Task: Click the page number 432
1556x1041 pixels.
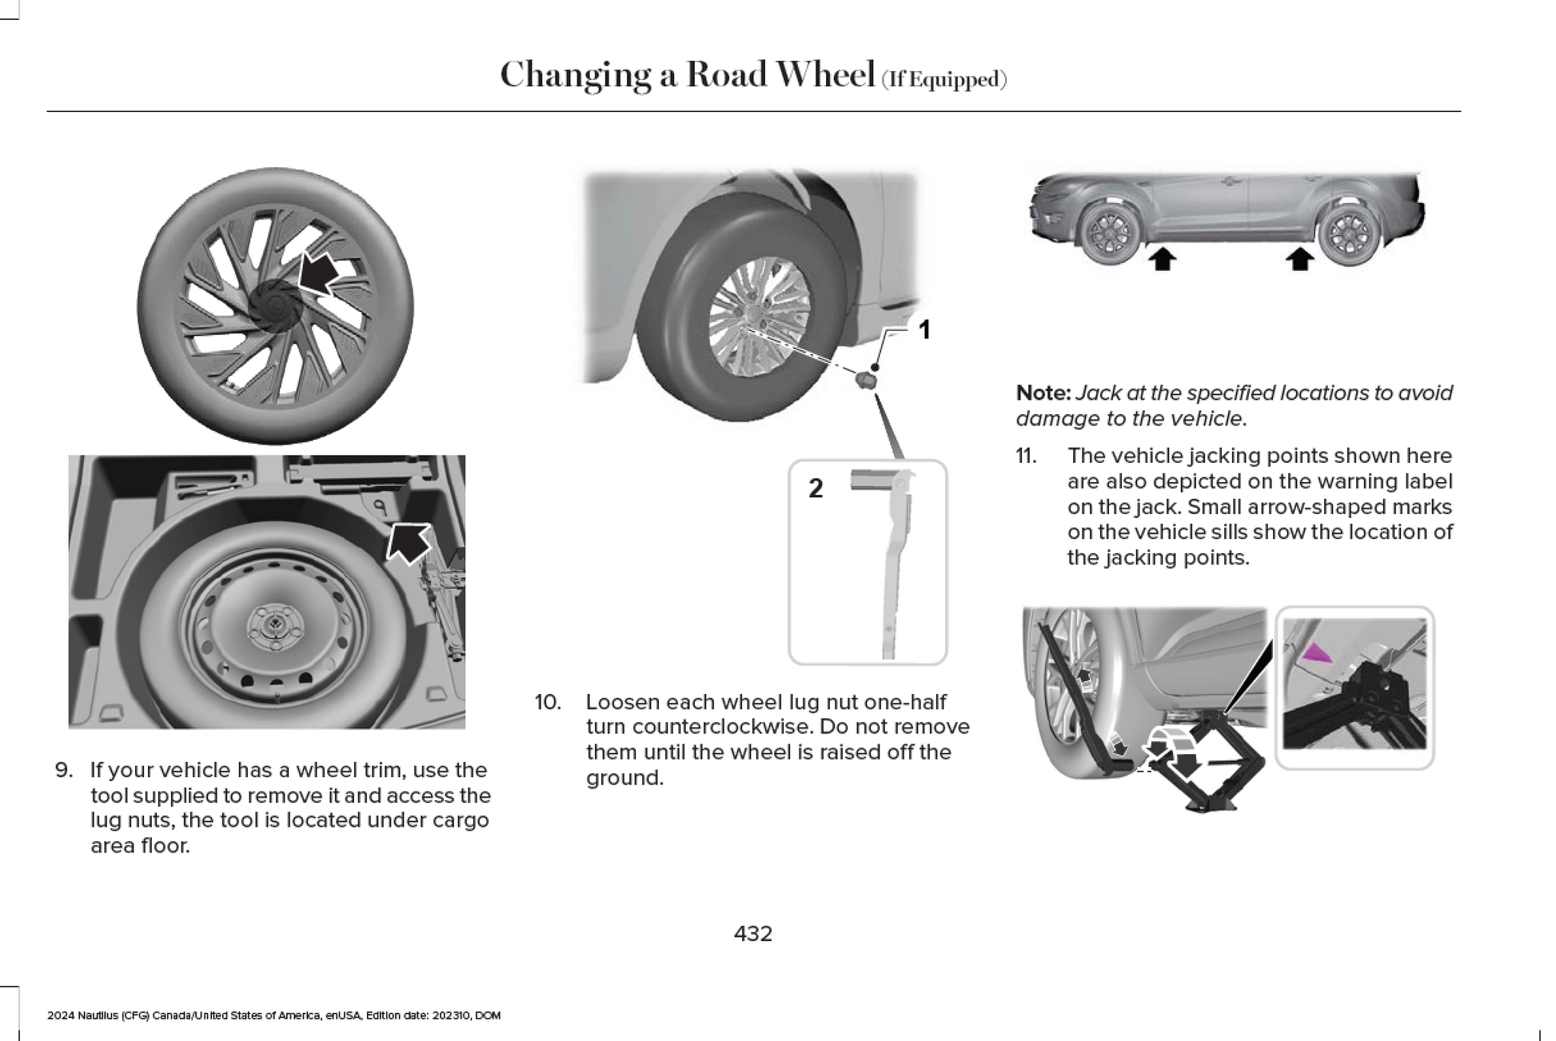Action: (752, 933)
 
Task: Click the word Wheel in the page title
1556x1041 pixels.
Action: (825, 75)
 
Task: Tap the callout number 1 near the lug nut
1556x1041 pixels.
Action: (924, 329)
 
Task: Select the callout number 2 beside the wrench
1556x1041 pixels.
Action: (815, 488)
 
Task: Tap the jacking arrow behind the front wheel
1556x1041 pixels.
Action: (1163, 258)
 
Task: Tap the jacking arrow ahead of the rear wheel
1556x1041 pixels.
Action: (1301, 258)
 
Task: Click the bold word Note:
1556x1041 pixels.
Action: (1043, 393)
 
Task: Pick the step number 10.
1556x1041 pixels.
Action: (548, 702)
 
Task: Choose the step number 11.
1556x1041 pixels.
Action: (1026, 456)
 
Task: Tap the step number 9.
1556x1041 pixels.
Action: (64, 770)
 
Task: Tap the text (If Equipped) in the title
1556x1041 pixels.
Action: (944, 80)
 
